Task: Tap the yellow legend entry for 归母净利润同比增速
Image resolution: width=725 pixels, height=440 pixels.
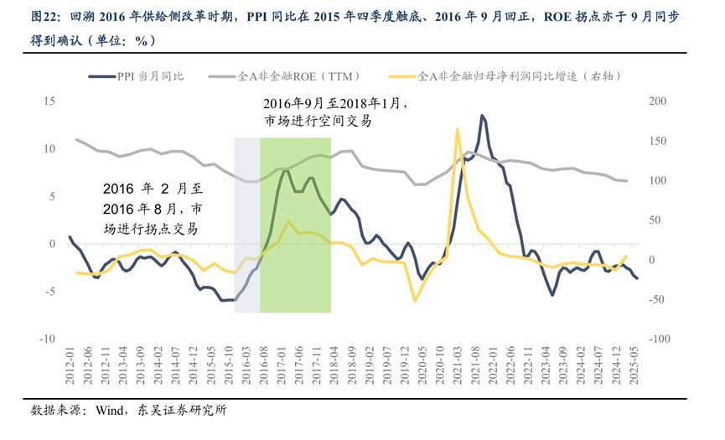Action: pos(503,76)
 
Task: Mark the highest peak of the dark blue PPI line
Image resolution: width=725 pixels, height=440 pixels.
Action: pos(483,116)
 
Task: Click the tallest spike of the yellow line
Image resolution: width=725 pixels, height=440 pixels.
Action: pos(458,129)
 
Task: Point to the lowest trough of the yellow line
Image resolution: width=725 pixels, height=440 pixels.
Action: pos(414,301)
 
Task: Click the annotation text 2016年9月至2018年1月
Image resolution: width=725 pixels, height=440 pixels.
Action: pos(334,104)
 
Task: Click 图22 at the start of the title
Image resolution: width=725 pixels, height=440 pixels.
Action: pos(45,16)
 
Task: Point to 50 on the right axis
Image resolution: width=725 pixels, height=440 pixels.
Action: pos(656,220)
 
